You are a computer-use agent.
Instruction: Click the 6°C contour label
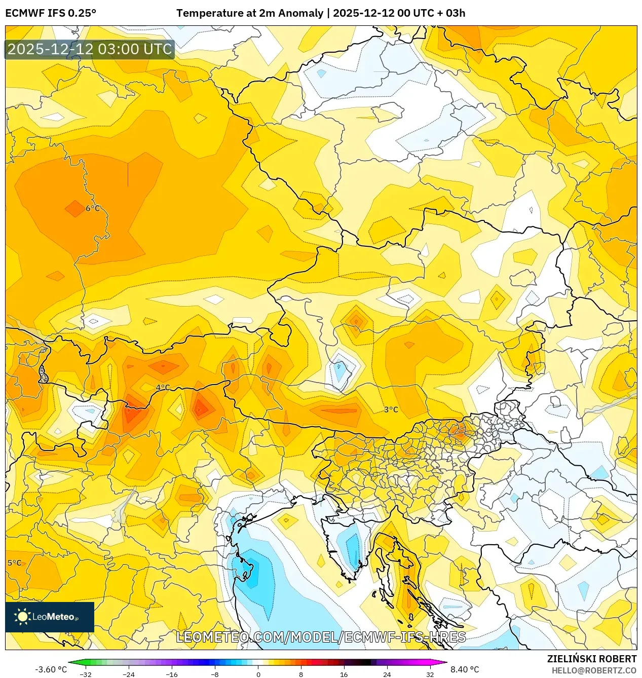coord(93,208)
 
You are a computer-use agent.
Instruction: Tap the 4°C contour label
coord(163,388)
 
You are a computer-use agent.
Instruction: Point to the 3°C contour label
coord(391,409)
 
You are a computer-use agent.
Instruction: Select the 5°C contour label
coord(15,563)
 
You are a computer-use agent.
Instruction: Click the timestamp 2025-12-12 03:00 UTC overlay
coord(90,49)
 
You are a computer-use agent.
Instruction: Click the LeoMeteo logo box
coord(50,617)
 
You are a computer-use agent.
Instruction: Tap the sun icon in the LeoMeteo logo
coord(22,617)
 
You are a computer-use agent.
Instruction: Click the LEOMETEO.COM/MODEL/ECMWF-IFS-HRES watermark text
coord(321,637)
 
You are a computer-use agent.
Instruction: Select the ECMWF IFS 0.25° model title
coord(51,13)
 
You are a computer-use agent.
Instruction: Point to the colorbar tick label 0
coord(258,674)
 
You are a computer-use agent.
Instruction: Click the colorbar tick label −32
coord(86,674)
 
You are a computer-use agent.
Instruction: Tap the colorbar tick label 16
coord(344,674)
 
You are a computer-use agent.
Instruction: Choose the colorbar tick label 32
coord(430,674)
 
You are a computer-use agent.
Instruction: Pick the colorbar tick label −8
coord(215,674)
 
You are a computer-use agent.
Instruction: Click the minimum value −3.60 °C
coord(51,669)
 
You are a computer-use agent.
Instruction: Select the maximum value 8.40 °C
coord(465,669)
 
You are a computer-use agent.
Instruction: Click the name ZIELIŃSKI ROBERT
coord(591,659)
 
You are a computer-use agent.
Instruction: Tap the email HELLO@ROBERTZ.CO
coord(594,670)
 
